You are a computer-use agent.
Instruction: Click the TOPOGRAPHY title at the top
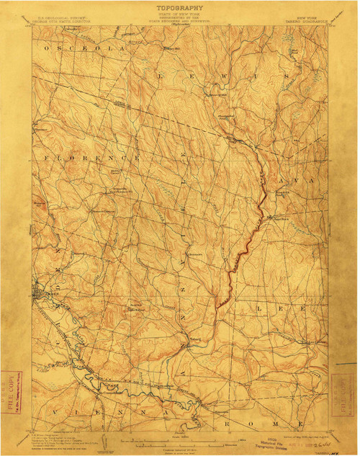pos(179,8)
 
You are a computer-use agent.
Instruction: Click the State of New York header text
pos(179,17)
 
